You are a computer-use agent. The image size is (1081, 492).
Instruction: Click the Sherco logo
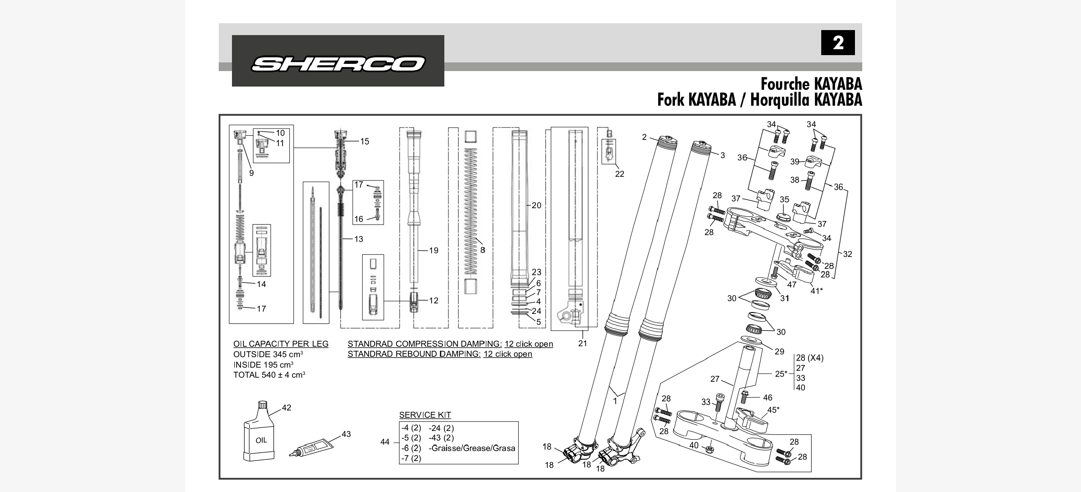(x=338, y=63)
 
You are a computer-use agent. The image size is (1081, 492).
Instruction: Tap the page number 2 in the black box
(x=838, y=43)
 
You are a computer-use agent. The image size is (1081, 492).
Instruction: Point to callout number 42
(x=286, y=408)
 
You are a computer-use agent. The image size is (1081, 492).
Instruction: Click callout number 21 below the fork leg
(x=582, y=343)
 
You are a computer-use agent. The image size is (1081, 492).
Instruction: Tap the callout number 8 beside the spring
(x=483, y=250)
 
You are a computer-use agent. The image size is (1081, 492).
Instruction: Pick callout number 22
(x=619, y=174)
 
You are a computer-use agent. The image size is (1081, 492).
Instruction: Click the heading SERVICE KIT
(x=425, y=415)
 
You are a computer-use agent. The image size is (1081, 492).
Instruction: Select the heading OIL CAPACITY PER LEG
(x=281, y=344)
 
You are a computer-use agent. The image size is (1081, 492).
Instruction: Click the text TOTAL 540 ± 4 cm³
(x=269, y=375)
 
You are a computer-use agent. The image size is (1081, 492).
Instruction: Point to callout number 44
(x=385, y=442)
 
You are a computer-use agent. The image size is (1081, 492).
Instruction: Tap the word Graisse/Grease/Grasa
(x=472, y=448)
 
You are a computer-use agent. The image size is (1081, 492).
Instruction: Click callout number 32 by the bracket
(x=847, y=254)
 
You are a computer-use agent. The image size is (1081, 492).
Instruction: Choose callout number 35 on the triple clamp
(x=784, y=200)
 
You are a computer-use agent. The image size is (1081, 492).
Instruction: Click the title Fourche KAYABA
(x=811, y=84)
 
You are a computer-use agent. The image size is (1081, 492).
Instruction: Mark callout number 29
(x=779, y=352)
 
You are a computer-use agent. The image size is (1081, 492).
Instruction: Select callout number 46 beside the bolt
(x=767, y=398)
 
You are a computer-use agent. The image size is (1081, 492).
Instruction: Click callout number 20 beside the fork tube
(x=536, y=205)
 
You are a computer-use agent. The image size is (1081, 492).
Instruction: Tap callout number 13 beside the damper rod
(x=359, y=239)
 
